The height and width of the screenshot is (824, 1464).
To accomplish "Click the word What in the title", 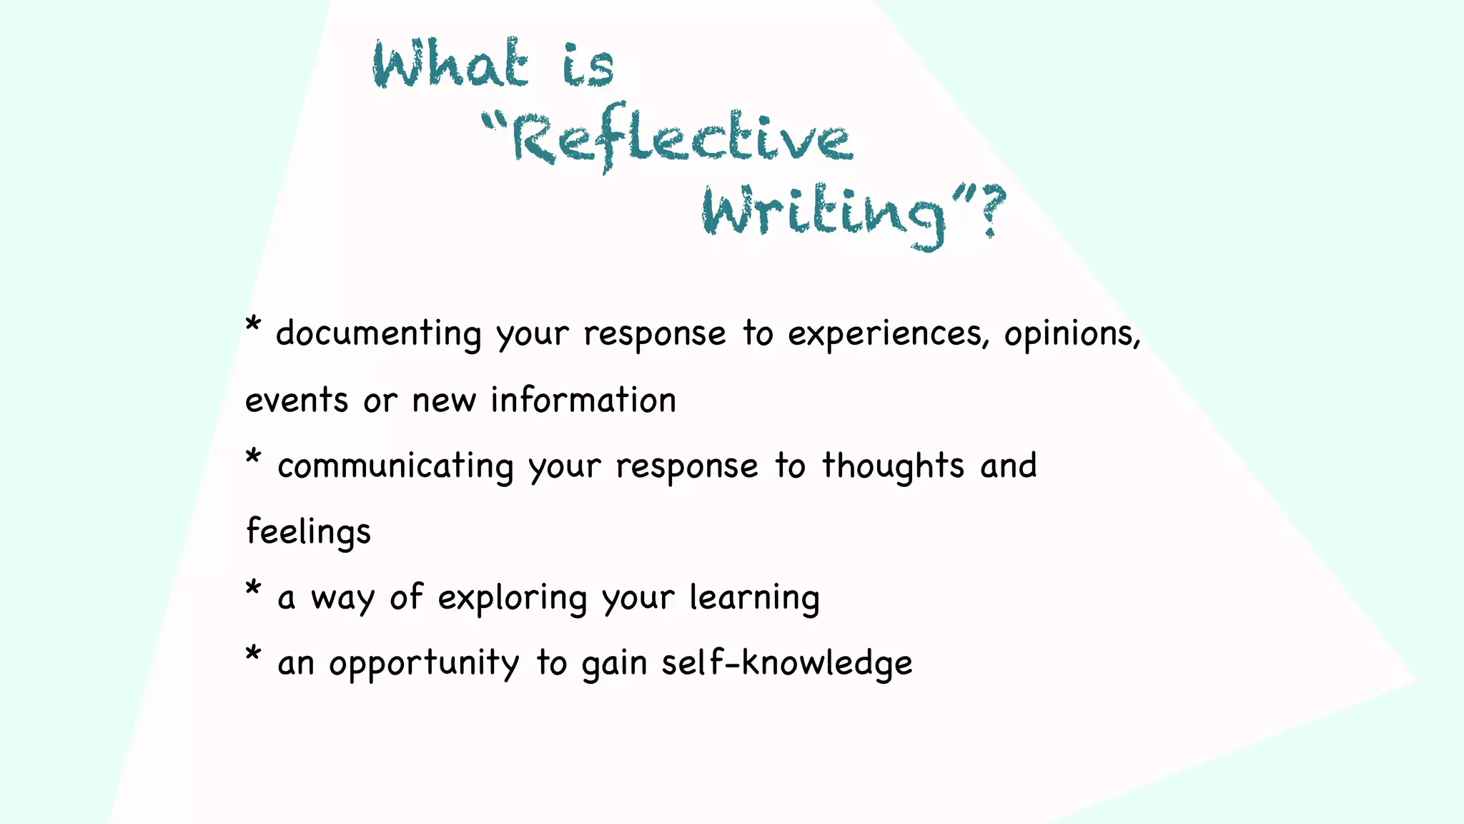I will coord(450,64).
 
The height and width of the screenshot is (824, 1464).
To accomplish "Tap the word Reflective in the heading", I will coord(683,139).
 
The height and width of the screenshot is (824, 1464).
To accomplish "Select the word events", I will coord(296,401).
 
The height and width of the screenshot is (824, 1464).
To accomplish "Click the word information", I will coord(583,401).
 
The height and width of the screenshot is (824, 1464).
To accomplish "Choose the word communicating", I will coord(395,467).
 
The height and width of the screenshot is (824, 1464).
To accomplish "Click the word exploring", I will coord(512,599).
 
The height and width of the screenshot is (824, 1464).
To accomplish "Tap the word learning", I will coord(754,599).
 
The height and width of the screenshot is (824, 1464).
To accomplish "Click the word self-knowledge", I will coord(786,663).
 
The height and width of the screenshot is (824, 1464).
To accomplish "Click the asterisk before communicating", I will coord(252,457).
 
